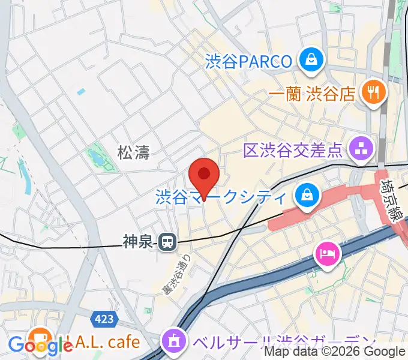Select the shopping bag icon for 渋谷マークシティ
307,196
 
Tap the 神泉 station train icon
167,242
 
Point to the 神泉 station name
139,242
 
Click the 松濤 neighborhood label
133,153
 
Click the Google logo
40,345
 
